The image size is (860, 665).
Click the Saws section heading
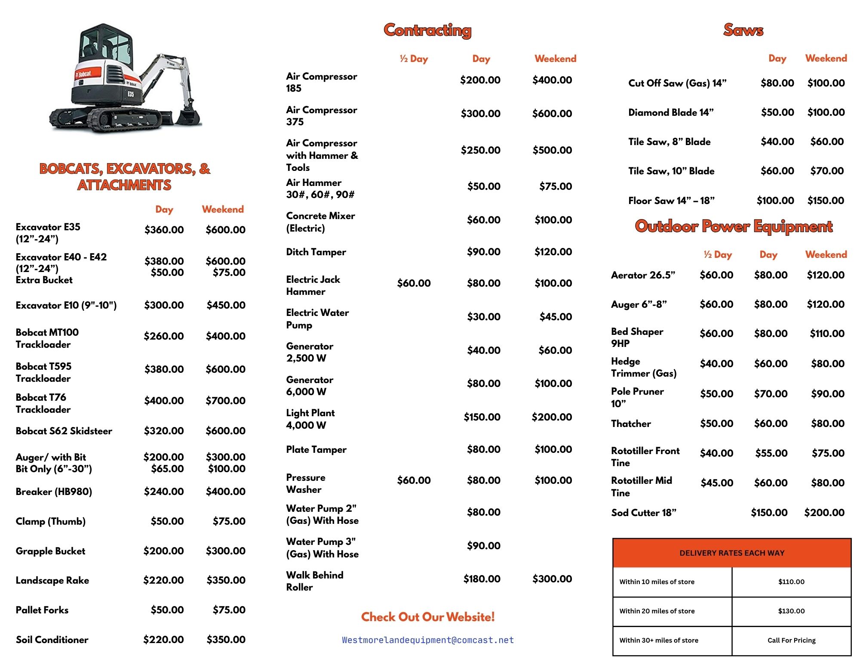(743, 30)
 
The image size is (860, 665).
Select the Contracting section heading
(427, 30)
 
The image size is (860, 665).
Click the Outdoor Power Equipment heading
(734, 226)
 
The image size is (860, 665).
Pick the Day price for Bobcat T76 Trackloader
(164, 401)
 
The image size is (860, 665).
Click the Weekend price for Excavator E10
(226, 305)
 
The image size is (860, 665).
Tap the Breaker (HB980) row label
(54, 492)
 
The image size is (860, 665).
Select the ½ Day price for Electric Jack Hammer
(414, 283)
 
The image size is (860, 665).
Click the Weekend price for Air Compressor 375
(552, 114)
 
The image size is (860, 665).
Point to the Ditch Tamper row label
(316, 252)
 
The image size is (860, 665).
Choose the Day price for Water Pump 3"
(483, 546)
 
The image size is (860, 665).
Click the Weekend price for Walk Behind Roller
(552, 579)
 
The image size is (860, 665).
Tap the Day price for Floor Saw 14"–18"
(775, 201)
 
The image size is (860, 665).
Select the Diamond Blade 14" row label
(671, 112)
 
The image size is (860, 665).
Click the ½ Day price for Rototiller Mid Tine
(717, 483)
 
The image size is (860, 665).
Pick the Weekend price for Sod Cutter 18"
(824, 513)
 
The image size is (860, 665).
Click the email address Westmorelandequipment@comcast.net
(428, 640)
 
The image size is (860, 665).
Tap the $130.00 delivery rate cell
(791, 611)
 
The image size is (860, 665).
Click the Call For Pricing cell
(791, 640)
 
